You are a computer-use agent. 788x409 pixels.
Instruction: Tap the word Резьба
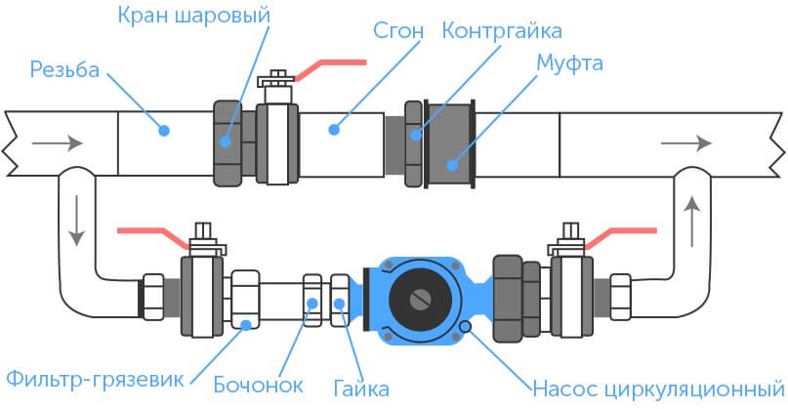[64, 70]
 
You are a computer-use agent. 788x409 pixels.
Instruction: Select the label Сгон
[397, 30]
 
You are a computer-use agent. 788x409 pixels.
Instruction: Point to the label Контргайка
[503, 30]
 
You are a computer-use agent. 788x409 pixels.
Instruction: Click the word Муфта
[570, 64]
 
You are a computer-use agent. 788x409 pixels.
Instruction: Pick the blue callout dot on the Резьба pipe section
[165, 128]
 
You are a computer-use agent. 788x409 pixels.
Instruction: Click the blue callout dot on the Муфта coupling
[452, 163]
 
